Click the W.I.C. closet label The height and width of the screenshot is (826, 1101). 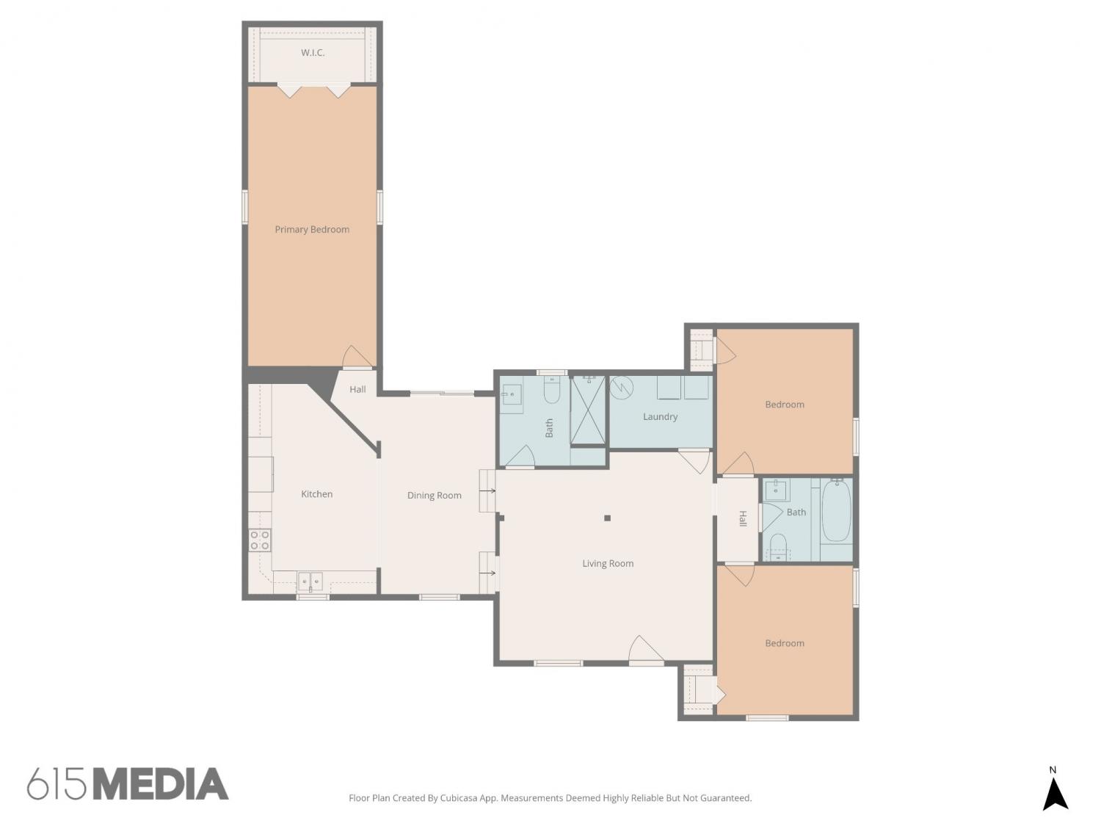(x=312, y=52)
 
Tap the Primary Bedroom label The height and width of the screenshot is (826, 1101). (x=311, y=229)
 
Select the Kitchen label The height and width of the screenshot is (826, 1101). (x=316, y=493)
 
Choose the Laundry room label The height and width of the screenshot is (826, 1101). (x=660, y=416)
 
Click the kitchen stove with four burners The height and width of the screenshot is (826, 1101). (x=259, y=540)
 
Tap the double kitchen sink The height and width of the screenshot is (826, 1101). (x=310, y=582)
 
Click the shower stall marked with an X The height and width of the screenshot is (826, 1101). (x=587, y=409)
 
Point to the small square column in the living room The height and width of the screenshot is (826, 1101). (x=607, y=518)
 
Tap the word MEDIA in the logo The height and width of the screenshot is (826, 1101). (x=161, y=784)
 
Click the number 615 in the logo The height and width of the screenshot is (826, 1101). (x=57, y=784)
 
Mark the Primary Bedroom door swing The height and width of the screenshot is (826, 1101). (x=357, y=356)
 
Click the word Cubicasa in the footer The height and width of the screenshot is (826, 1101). (x=459, y=797)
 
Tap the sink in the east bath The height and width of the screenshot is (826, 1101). (x=775, y=490)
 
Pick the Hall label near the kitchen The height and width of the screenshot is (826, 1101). (x=357, y=388)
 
